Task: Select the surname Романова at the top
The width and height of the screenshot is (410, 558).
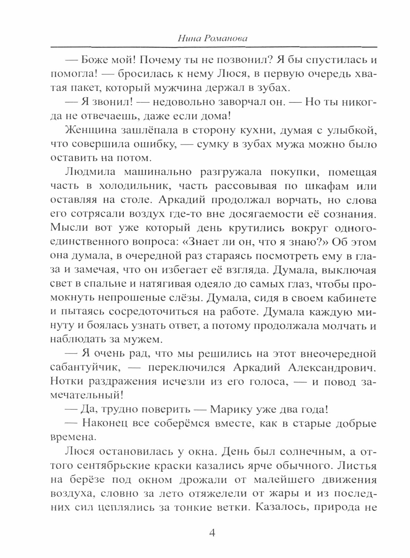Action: tap(225, 39)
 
